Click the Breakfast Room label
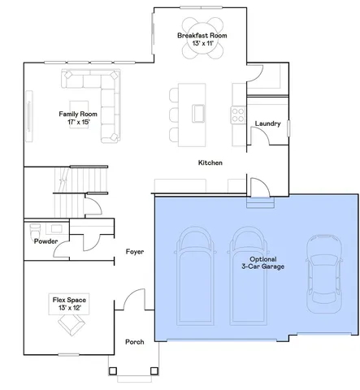(202, 37)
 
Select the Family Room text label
(78, 115)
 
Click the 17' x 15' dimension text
(78, 123)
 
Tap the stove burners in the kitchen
(238, 115)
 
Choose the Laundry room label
(267, 123)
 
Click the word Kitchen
(210, 162)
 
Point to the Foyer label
(134, 252)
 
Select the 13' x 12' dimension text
(70, 308)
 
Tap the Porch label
(134, 342)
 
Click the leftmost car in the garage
(195, 276)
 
